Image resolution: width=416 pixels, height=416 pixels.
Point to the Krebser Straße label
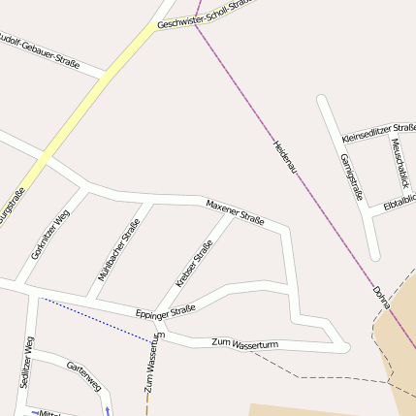194,264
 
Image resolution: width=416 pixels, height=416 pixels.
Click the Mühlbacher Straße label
118,249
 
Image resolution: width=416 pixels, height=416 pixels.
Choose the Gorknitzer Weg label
49,236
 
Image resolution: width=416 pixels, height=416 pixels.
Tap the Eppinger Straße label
165,312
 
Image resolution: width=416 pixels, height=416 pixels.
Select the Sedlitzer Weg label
26,361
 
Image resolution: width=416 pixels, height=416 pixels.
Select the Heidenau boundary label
285,157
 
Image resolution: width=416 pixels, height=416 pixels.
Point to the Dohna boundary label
381,297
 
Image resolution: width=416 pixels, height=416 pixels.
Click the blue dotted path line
97,320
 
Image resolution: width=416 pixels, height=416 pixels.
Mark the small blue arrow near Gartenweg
107,408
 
